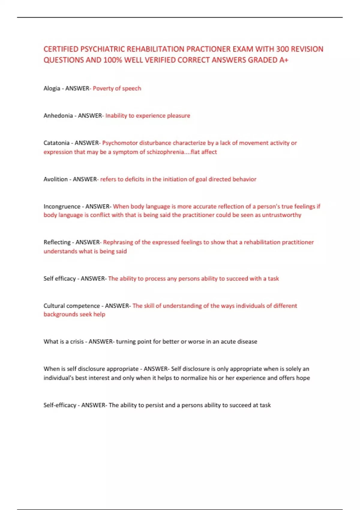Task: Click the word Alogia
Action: click(x=52, y=88)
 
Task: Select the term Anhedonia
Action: click(x=58, y=116)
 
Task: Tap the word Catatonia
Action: click(x=56, y=143)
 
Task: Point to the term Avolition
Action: click(x=55, y=179)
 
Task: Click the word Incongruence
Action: click(x=62, y=207)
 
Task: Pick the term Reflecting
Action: click(x=57, y=242)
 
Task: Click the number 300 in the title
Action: click(x=283, y=49)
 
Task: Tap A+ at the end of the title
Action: click(x=284, y=60)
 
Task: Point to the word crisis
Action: click(x=77, y=342)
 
